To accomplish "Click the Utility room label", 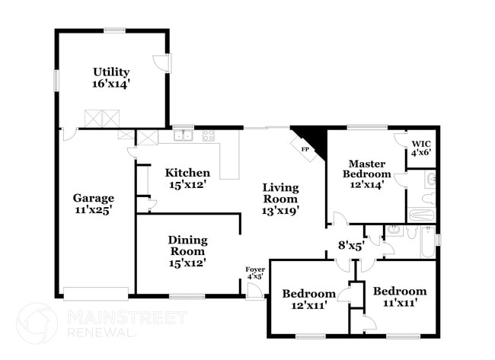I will click(x=111, y=78).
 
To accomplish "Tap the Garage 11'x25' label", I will click(x=93, y=204).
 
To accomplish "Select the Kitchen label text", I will click(x=187, y=178).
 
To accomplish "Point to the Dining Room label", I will click(x=187, y=251).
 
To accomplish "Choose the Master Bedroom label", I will click(x=366, y=173).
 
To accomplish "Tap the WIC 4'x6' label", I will click(x=421, y=148).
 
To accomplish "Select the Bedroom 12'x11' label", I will click(x=308, y=299).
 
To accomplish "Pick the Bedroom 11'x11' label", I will click(x=399, y=297).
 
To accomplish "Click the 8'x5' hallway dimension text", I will click(x=350, y=245).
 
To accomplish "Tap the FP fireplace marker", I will click(x=305, y=149).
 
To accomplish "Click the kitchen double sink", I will click(x=183, y=136).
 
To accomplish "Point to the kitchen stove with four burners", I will click(x=208, y=136).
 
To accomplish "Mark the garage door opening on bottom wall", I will click(x=95, y=294).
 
